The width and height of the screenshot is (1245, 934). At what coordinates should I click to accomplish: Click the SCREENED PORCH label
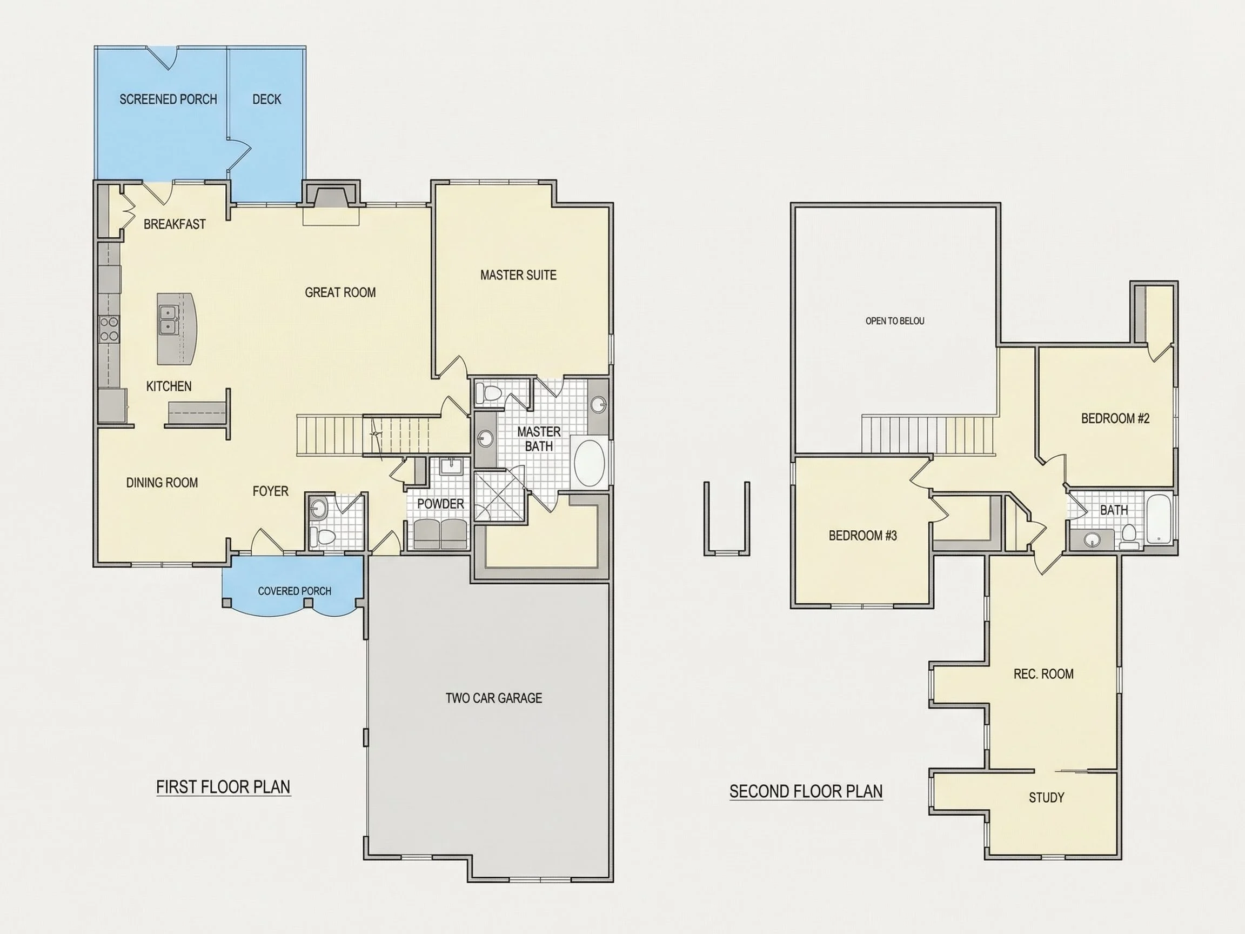click(x=168, y=99)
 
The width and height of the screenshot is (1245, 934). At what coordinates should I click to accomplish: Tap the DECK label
click(x=267, y=99)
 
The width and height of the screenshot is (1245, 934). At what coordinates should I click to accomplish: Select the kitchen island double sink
click(x=168, y=320)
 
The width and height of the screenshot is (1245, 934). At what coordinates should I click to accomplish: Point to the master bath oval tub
click(x=590, y=463)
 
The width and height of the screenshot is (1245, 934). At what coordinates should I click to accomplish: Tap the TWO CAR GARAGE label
click(x=493, y=698)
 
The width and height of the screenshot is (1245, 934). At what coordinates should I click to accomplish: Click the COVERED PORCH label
click(x=294, y=591)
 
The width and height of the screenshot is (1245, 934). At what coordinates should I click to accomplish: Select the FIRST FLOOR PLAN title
click(x=224, y=787)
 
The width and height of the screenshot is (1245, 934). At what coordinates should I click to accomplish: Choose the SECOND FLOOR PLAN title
click(x=806, y=791)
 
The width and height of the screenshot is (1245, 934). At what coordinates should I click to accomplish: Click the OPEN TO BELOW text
click(x=895, y=321)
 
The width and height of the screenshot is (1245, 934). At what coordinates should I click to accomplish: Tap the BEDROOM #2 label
click(x=1115, y=418)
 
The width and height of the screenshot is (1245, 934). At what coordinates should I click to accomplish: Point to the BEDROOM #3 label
click(x=863, y=536)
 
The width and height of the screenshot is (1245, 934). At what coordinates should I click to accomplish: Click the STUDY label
click(x=1046, y=798)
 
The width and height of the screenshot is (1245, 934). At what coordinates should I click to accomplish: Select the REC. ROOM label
click(x=1043, y=674)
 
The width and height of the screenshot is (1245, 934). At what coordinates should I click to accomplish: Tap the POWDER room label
click(x=441, y=504)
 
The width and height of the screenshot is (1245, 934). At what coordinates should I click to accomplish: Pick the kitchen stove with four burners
click(x=109, y=329)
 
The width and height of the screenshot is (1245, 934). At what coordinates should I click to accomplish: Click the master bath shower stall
click(x=500, y=498)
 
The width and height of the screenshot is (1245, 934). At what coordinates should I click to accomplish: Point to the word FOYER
click(x=270, y=491)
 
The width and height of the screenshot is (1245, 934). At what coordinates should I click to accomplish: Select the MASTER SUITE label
click(x=518, y=275)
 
